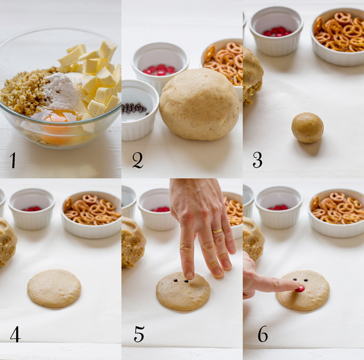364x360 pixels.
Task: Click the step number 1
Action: (13, 160)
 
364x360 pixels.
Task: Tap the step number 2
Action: (138, 160)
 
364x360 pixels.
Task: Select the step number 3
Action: (257, 160)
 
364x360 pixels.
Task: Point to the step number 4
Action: (15, 334)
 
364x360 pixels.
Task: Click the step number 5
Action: (139, 334)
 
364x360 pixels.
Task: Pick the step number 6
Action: (263, 334)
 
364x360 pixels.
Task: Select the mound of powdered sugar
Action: (61, 92)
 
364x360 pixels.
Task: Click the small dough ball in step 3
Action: (307, 128)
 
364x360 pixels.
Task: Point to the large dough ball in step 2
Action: (199, 104)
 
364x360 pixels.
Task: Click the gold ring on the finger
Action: (217, 231)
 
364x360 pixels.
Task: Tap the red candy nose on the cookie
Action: (300, 288)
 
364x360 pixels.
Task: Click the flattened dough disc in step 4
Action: (54, 288)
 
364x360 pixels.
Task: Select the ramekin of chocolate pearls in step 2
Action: (139, 110)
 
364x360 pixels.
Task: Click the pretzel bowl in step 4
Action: (92, 215)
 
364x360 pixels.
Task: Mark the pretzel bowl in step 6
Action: (336, 213)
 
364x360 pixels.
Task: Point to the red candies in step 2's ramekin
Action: (159, 70)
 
